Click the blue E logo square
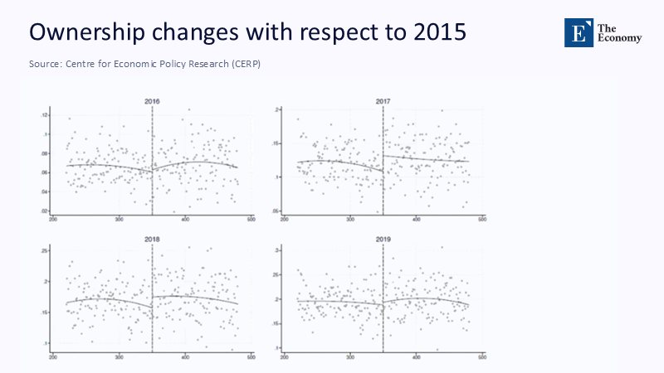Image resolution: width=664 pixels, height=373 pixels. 578,31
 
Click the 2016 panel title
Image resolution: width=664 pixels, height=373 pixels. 152,102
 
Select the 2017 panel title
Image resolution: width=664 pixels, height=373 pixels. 383,102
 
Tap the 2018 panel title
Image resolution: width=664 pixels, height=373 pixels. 152,240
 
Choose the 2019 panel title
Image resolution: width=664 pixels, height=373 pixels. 383,240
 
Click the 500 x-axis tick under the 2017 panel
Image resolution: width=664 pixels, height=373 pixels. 481,220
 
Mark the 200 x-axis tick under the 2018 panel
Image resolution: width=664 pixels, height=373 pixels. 54,358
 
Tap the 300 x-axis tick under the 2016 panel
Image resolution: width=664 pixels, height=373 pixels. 120,220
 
